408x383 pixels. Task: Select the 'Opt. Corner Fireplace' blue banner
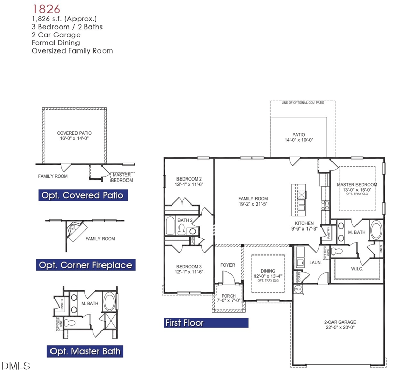(86, 265)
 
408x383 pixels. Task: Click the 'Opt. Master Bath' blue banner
(86, 351)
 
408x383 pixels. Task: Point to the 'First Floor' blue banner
(206, 323)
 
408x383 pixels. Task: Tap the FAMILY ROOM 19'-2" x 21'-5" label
(253, 202)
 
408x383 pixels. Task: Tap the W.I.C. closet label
(357, 269)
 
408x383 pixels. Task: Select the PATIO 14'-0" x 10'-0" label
(298, 137)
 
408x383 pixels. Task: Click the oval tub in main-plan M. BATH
(377, 229)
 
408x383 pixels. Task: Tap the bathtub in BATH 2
(171, 226)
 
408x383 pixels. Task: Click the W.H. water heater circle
(298, 289)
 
